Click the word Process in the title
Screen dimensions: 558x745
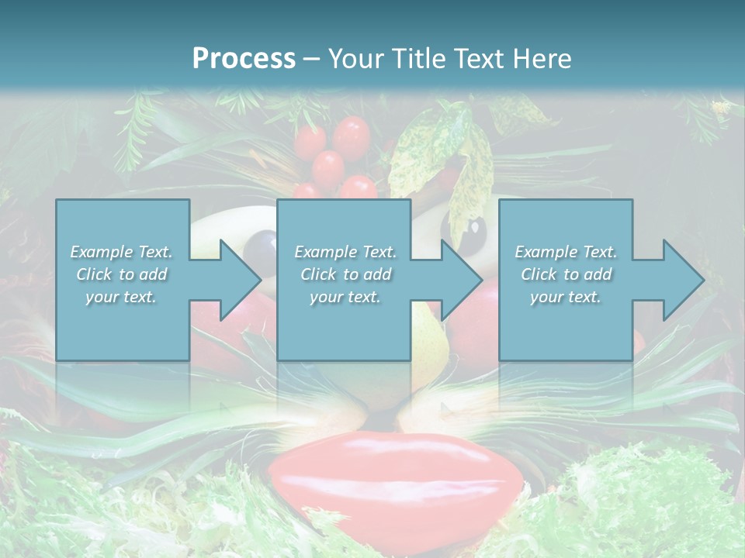(x=244, y=59)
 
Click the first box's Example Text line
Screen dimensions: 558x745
(x=121, y=252)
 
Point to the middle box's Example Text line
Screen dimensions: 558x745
(x=345, y=252)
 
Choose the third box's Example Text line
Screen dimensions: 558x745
(x=566, y=252)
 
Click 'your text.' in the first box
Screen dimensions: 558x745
(x=121, y=297)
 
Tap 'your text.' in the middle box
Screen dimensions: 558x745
(x=345, y=297)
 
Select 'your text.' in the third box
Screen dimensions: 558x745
(x=566, y=297)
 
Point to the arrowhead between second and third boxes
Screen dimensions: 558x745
(x=460, y=280)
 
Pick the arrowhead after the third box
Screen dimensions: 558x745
(x=681, y=280)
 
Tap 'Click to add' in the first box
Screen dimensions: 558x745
(x=121, y=274)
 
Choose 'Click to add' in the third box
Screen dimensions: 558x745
(x=566, y=274)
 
